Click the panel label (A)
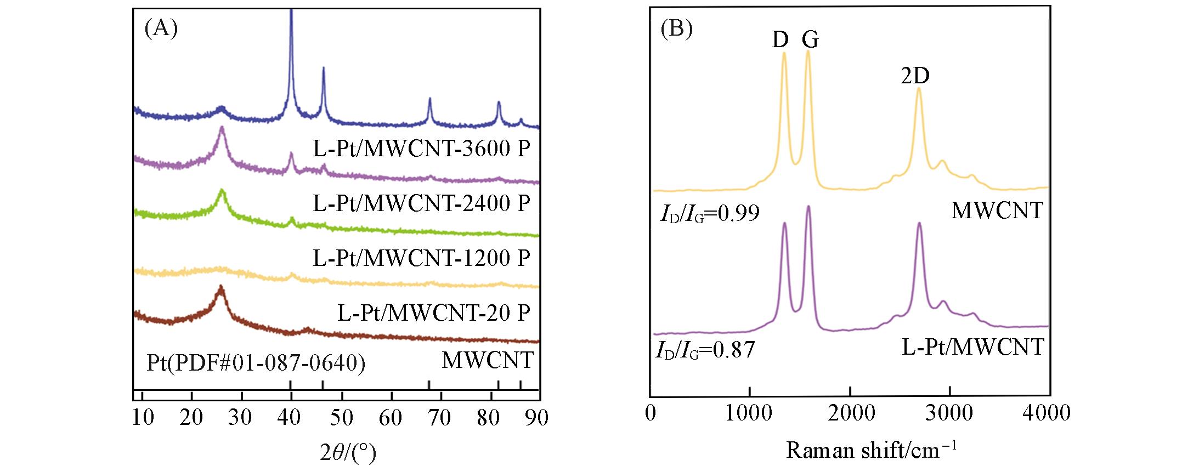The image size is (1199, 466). tap(161, 29)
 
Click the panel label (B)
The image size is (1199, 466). tap(676, 29)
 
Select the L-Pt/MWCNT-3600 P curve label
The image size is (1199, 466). tap(421, 149)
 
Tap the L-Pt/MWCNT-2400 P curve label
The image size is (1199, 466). tap(421, 203)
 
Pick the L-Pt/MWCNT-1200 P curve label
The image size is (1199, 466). tap(421, 258)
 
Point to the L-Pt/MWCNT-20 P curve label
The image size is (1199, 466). tap(433, 313)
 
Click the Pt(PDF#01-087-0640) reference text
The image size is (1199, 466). tap(256, 362)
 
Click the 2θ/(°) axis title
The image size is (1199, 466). tap(348, 453)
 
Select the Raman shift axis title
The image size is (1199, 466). tap(871, 451)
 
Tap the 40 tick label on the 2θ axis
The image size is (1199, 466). tap(290, 418)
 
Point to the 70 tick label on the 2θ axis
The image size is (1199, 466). tap(439, 418)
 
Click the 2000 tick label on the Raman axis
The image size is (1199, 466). tap(851, 413)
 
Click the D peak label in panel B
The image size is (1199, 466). tap(780, 39)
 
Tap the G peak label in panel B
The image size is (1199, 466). tap(810, 39)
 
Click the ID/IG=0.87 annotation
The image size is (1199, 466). tap(705, 350)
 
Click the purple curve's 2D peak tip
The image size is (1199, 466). tap(919, 223)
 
